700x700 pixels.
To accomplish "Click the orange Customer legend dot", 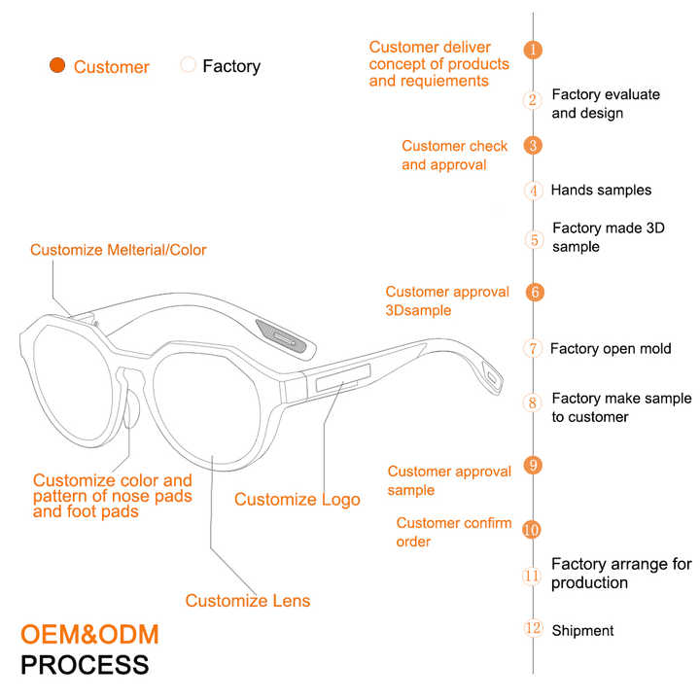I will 57,66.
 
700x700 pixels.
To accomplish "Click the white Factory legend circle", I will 188,65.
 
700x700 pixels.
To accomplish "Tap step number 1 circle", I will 533,50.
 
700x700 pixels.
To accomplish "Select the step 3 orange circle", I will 533,146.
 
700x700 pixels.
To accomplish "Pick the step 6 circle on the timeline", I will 534,292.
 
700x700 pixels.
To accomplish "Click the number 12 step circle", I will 533,629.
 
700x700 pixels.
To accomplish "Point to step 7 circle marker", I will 533,348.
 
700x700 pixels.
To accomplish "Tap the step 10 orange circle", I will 532,530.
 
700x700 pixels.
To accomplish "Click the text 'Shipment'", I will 582,631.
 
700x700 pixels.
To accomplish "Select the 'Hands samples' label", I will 601,191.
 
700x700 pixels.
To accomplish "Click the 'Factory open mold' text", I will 611,348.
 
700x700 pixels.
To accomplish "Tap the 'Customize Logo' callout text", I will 297,500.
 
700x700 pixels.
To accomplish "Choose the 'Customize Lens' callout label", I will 248,601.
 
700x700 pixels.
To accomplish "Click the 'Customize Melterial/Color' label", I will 119,250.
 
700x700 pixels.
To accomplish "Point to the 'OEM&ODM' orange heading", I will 89,635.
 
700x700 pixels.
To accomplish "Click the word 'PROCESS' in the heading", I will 86,666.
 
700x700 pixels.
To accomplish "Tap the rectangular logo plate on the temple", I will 341,381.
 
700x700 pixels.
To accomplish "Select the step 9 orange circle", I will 533,465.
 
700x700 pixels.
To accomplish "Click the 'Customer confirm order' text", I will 453,532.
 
